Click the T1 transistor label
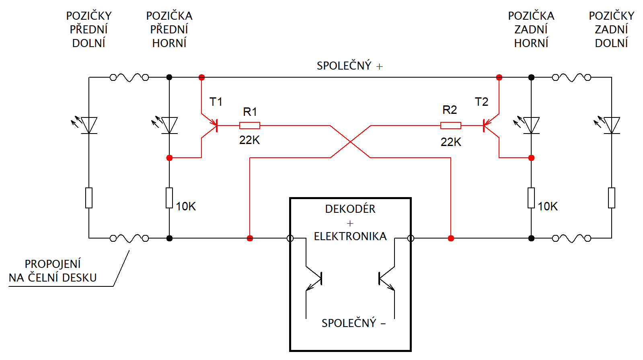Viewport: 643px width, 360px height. click(x=216, y=102)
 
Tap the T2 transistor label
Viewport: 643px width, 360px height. click(x=481, y=102)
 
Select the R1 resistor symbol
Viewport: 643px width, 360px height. click(x=250, y=125)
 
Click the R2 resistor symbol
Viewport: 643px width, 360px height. click(x=451, y=125)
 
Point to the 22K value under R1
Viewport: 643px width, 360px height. click(x=249, y=140)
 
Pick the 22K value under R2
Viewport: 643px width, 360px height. click(x=451, y=142)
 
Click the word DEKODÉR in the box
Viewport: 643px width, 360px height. click(x=350, y=209)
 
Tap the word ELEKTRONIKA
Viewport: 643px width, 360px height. click(x=350, y=236)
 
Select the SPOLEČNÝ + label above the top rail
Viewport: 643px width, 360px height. click(x=349, y=66)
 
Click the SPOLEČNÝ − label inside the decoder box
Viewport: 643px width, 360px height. click(x=353, y=323)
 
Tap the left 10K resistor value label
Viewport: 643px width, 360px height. click(x=186, y=206)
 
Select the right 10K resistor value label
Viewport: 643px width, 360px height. click(x=548, y=206)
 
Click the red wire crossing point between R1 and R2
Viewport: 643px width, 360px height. click(x=351, y=142)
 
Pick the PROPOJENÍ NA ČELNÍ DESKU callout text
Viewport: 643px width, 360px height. click(x=53, y=271)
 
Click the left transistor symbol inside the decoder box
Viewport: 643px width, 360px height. click(x=314, y=278)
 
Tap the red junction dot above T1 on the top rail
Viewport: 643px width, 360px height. click(x=201, y=77)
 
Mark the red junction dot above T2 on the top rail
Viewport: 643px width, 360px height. click(x=499, y=77)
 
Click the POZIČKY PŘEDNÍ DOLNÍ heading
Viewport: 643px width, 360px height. click(x=89, y=29)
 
